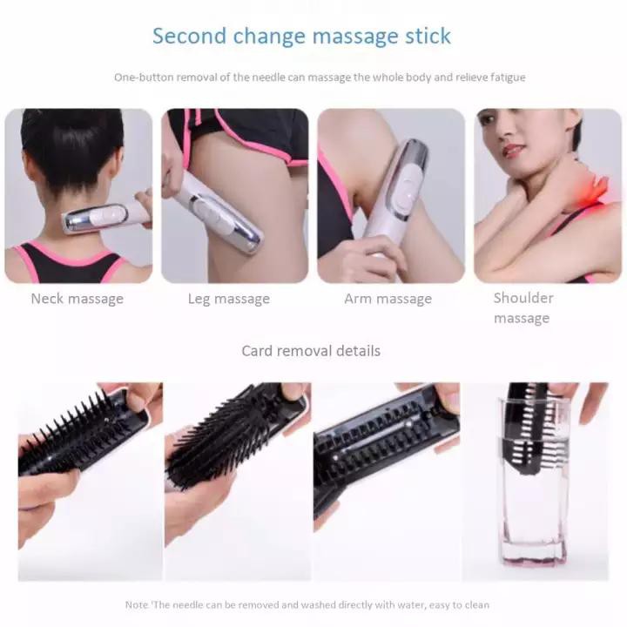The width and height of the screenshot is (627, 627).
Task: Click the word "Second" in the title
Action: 187,36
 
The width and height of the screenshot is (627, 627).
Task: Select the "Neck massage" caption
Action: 78,299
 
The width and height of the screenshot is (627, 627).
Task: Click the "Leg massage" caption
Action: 229,299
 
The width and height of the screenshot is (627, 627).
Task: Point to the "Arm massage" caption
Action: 388,299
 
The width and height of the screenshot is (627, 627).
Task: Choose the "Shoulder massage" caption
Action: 522,307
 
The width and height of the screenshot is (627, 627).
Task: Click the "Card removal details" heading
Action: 311,351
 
